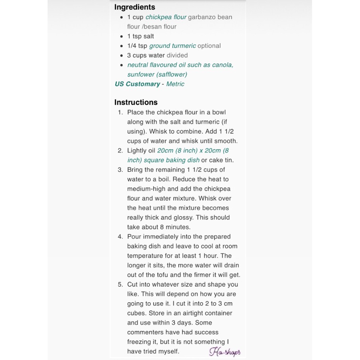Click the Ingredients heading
(134, 7)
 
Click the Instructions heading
(136, 102)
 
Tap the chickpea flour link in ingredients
(166, 17)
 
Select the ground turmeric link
(172, 46)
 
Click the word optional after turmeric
(209, 46)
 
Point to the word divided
(177, 55)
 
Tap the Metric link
(175, 84)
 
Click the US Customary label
(137, 84)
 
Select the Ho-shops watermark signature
(225, 352)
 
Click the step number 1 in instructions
(120, 112)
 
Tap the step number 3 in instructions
(120, 170)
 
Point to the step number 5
(120, 284)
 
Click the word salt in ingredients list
(148, 36)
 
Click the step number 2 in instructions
(120, 150)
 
